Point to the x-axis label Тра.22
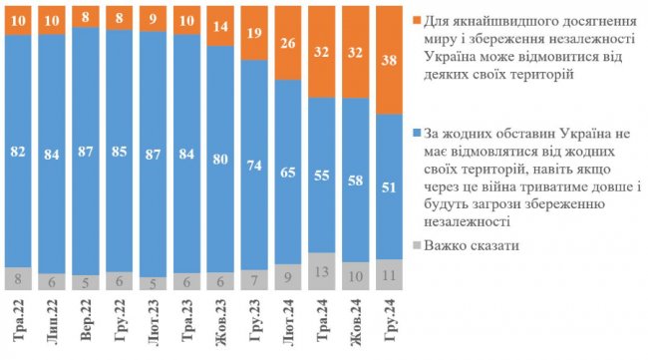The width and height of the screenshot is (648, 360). (x=19, y=319)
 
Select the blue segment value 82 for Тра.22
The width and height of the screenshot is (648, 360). (x=19, y=153)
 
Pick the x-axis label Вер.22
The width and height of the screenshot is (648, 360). (x=88, y=319)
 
